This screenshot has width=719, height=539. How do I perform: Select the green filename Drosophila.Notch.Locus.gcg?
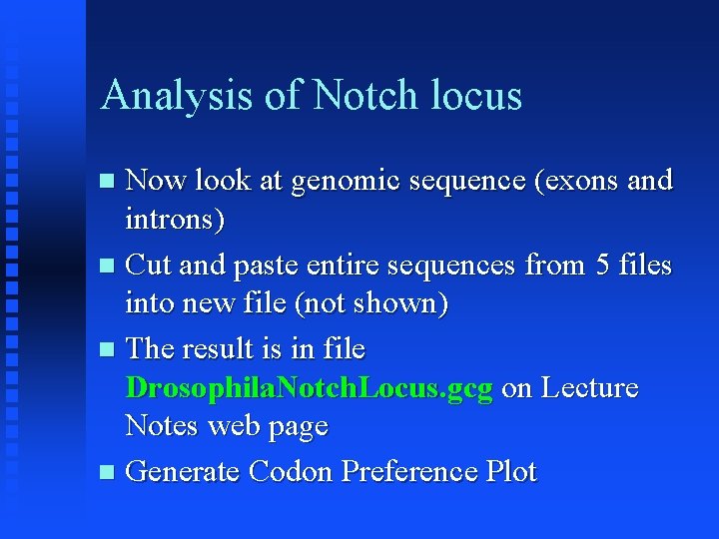[310, 388]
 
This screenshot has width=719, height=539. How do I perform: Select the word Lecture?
[589, 388]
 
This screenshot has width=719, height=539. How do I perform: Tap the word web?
[236, 426]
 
